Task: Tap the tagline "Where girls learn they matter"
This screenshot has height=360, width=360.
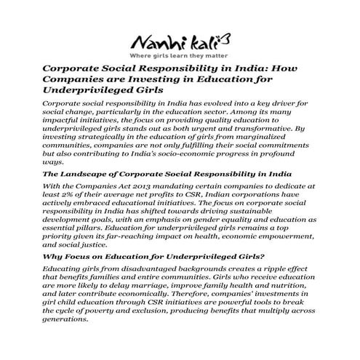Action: [179, 55]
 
